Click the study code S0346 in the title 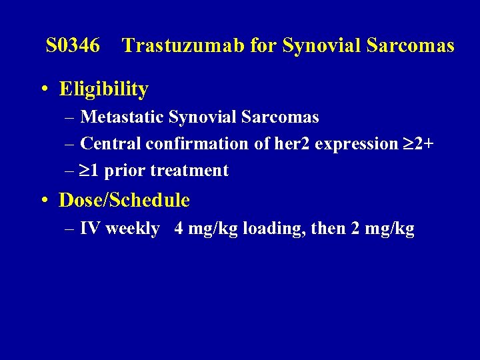click(x=73, y=46)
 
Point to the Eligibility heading click(x=103, y=89)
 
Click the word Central click(x=111, y=144)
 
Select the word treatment click(x=189, y=171)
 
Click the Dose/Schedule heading click(x=124, y=200)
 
